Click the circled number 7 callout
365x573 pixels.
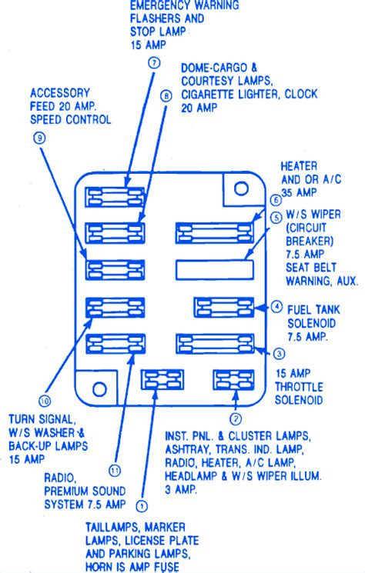[x=154, y=62]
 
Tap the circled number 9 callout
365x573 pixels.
[x=39, y=138]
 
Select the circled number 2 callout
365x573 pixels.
[x=236, y=418]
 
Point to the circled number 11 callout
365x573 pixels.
[x=115, y=471]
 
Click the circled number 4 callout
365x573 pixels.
[x=276, y=306]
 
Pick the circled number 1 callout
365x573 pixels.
[x=142, y=507]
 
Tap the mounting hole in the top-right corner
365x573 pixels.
[x=241, y=188]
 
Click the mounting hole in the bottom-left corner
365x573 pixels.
[x=99, y=389]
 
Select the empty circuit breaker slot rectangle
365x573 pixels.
[x=215, y=270]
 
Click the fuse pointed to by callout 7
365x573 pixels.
[x=115, y=197]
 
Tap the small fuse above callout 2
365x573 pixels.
[x=233, y=380]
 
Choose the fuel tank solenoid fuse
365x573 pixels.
[x=224, y=307]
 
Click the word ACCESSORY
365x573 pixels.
[x=60, y=93]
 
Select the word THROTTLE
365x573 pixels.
[x=300, y=387]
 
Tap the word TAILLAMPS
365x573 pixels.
[x=113, y=528]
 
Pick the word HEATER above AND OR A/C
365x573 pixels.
[x=299, y=166]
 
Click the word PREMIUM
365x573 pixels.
[x=69, y=491]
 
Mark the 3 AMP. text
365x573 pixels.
[x=181, y=489]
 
